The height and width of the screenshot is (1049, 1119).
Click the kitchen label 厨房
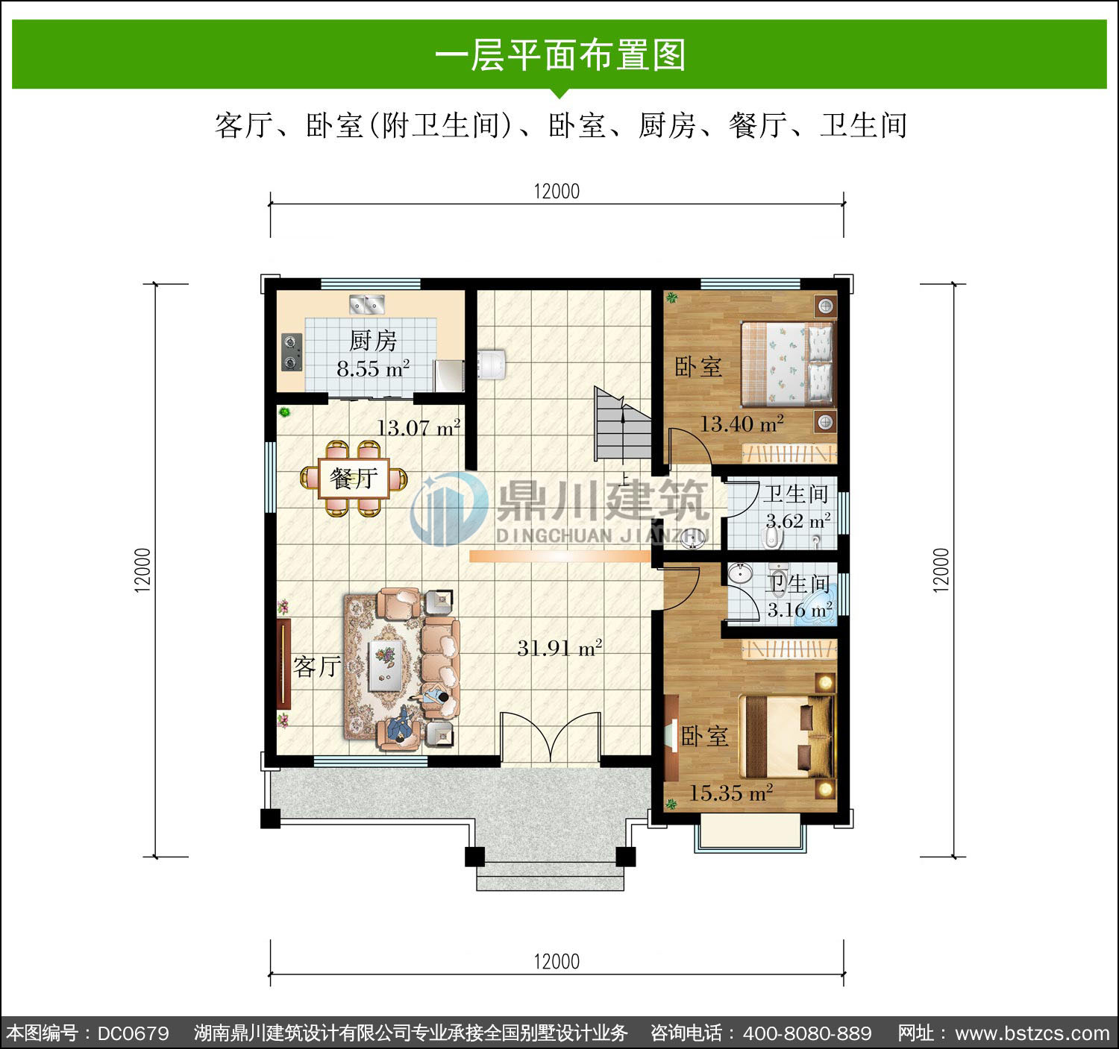click(x=372, y=340)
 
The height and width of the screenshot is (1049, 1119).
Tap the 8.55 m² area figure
click(x=372, y=369)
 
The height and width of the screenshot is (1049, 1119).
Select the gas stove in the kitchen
click(x=291, y=352)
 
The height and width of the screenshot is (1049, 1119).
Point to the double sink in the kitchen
click(x=366, y=304)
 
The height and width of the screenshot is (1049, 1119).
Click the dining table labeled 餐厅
click(x=354, y=479)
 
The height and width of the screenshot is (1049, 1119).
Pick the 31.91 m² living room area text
click(x=559, y=648)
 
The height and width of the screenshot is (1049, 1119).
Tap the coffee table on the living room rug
click(x=386, y=665)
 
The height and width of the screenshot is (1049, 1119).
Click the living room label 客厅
click(x=316, y=667)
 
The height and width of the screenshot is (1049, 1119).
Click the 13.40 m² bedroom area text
click(x=742, y=423)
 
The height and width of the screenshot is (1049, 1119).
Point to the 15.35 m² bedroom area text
click(x=731, y=793)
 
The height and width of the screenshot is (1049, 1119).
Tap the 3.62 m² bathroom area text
click(x=797, y=521)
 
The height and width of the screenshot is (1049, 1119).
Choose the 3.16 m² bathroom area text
click(x=800, y=610)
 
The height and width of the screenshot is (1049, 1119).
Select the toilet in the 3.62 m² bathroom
click(x=772, y=538)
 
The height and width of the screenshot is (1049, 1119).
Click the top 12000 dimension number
click(x=557, y=192)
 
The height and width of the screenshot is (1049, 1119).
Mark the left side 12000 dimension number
click(x=142, y=570)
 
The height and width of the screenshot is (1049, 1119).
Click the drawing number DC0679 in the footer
click(x=133, y=1033)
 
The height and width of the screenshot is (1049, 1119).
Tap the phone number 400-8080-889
click(x=807, y=1033)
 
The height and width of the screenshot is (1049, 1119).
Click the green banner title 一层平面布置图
click(x=560, y=55)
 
